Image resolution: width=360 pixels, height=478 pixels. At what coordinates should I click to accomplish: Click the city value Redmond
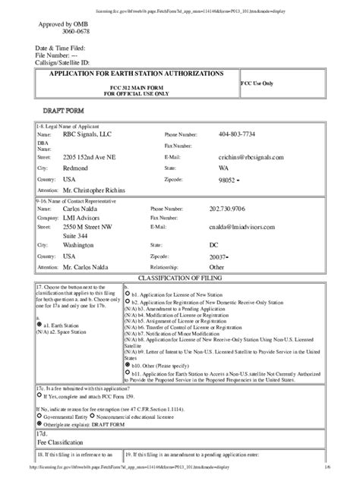[77, 168]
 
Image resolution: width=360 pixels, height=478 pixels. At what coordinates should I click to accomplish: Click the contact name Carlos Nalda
[84, 206]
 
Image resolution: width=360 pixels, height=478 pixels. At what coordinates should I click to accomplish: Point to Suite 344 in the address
[77, 237]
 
